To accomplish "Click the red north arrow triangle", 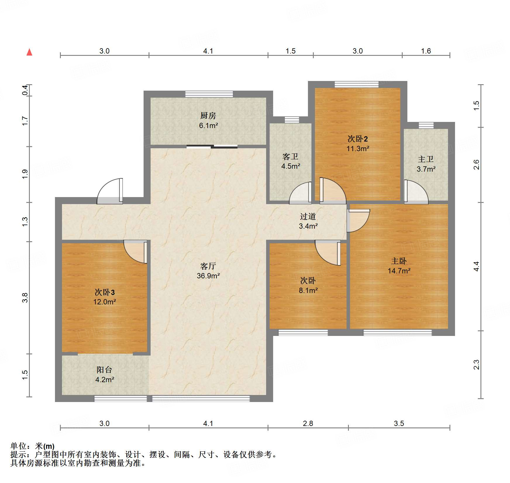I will [29, 52].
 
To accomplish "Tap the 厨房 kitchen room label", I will [208, 116].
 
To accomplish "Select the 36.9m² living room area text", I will [208, 276].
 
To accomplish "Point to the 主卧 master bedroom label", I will [399, 261].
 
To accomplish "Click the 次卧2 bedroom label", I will [358, 139].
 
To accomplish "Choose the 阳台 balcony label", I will [104, 370].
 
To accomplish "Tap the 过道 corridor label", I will [308, 216].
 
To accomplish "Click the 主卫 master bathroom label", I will [426, 159].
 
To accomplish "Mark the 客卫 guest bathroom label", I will [290, 157].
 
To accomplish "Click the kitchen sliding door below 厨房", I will [212, 146].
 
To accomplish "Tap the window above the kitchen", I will [209, 94].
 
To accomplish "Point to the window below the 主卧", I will [397, 332].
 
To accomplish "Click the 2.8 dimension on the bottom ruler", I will [308, 423].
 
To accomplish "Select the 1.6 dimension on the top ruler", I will [426, 51].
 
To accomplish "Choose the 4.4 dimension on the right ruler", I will [476, 266].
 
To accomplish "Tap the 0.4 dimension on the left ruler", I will [25, 90].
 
